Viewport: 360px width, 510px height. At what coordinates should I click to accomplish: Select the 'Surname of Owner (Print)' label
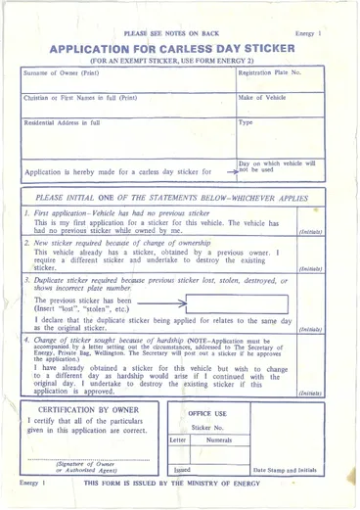(62, 73)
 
